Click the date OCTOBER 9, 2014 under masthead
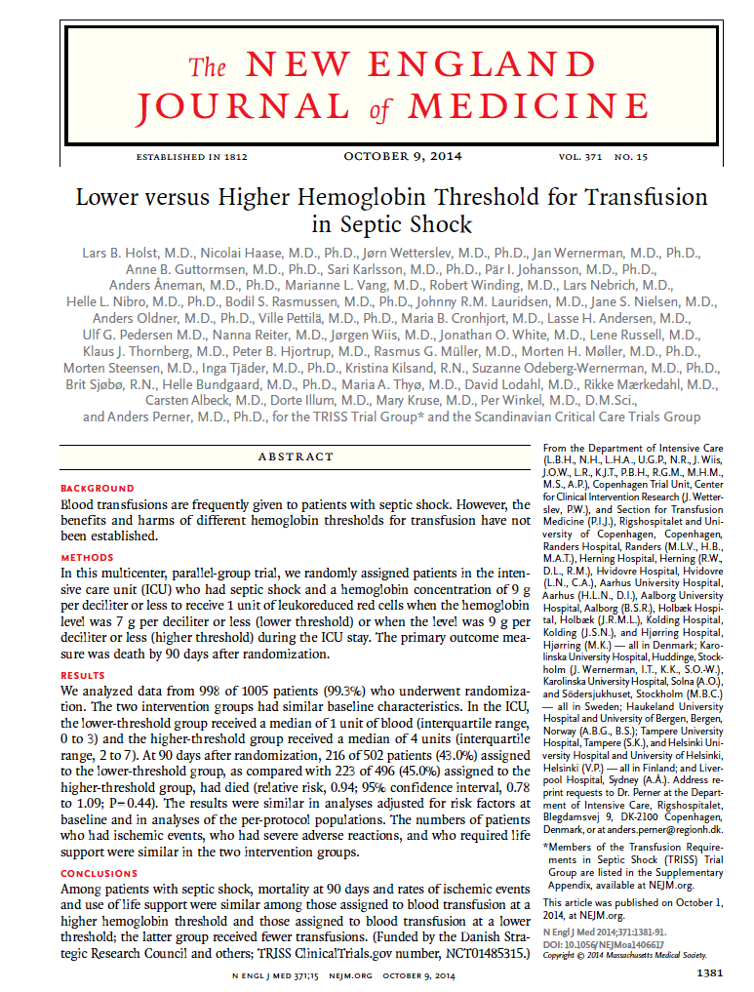(x=403, y=156)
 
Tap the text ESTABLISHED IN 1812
(x=192, y=157)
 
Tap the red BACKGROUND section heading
(x=98, y=488)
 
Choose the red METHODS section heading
(x=88, y=558)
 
